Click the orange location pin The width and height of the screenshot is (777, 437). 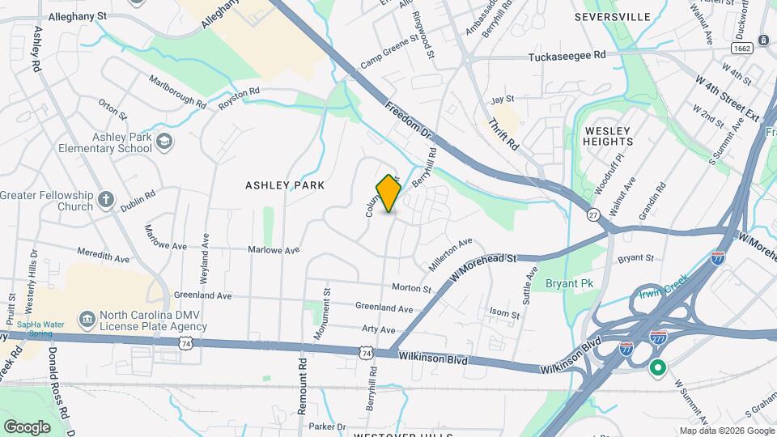click(x=389, y=193)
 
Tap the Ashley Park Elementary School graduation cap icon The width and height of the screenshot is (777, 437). click(x=165, y=142)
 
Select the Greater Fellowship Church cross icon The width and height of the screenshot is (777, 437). click(x=106, y=199)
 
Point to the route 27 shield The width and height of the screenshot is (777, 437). click(x=593, y=214)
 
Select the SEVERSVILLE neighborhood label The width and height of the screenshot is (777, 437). click(x=613, y=16)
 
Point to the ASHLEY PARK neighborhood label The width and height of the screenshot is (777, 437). click(x=285, y=185)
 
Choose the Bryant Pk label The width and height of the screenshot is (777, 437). click(x=569, y=284)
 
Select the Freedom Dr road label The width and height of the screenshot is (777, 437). click(x=411, y=125)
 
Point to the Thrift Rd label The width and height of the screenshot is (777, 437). click(x=503, y=134)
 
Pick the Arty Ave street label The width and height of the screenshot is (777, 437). click(x=379, y=330)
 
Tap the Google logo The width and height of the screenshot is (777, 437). click(x=27, y=426)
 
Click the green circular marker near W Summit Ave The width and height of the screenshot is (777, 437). click(x=658, y=368)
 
